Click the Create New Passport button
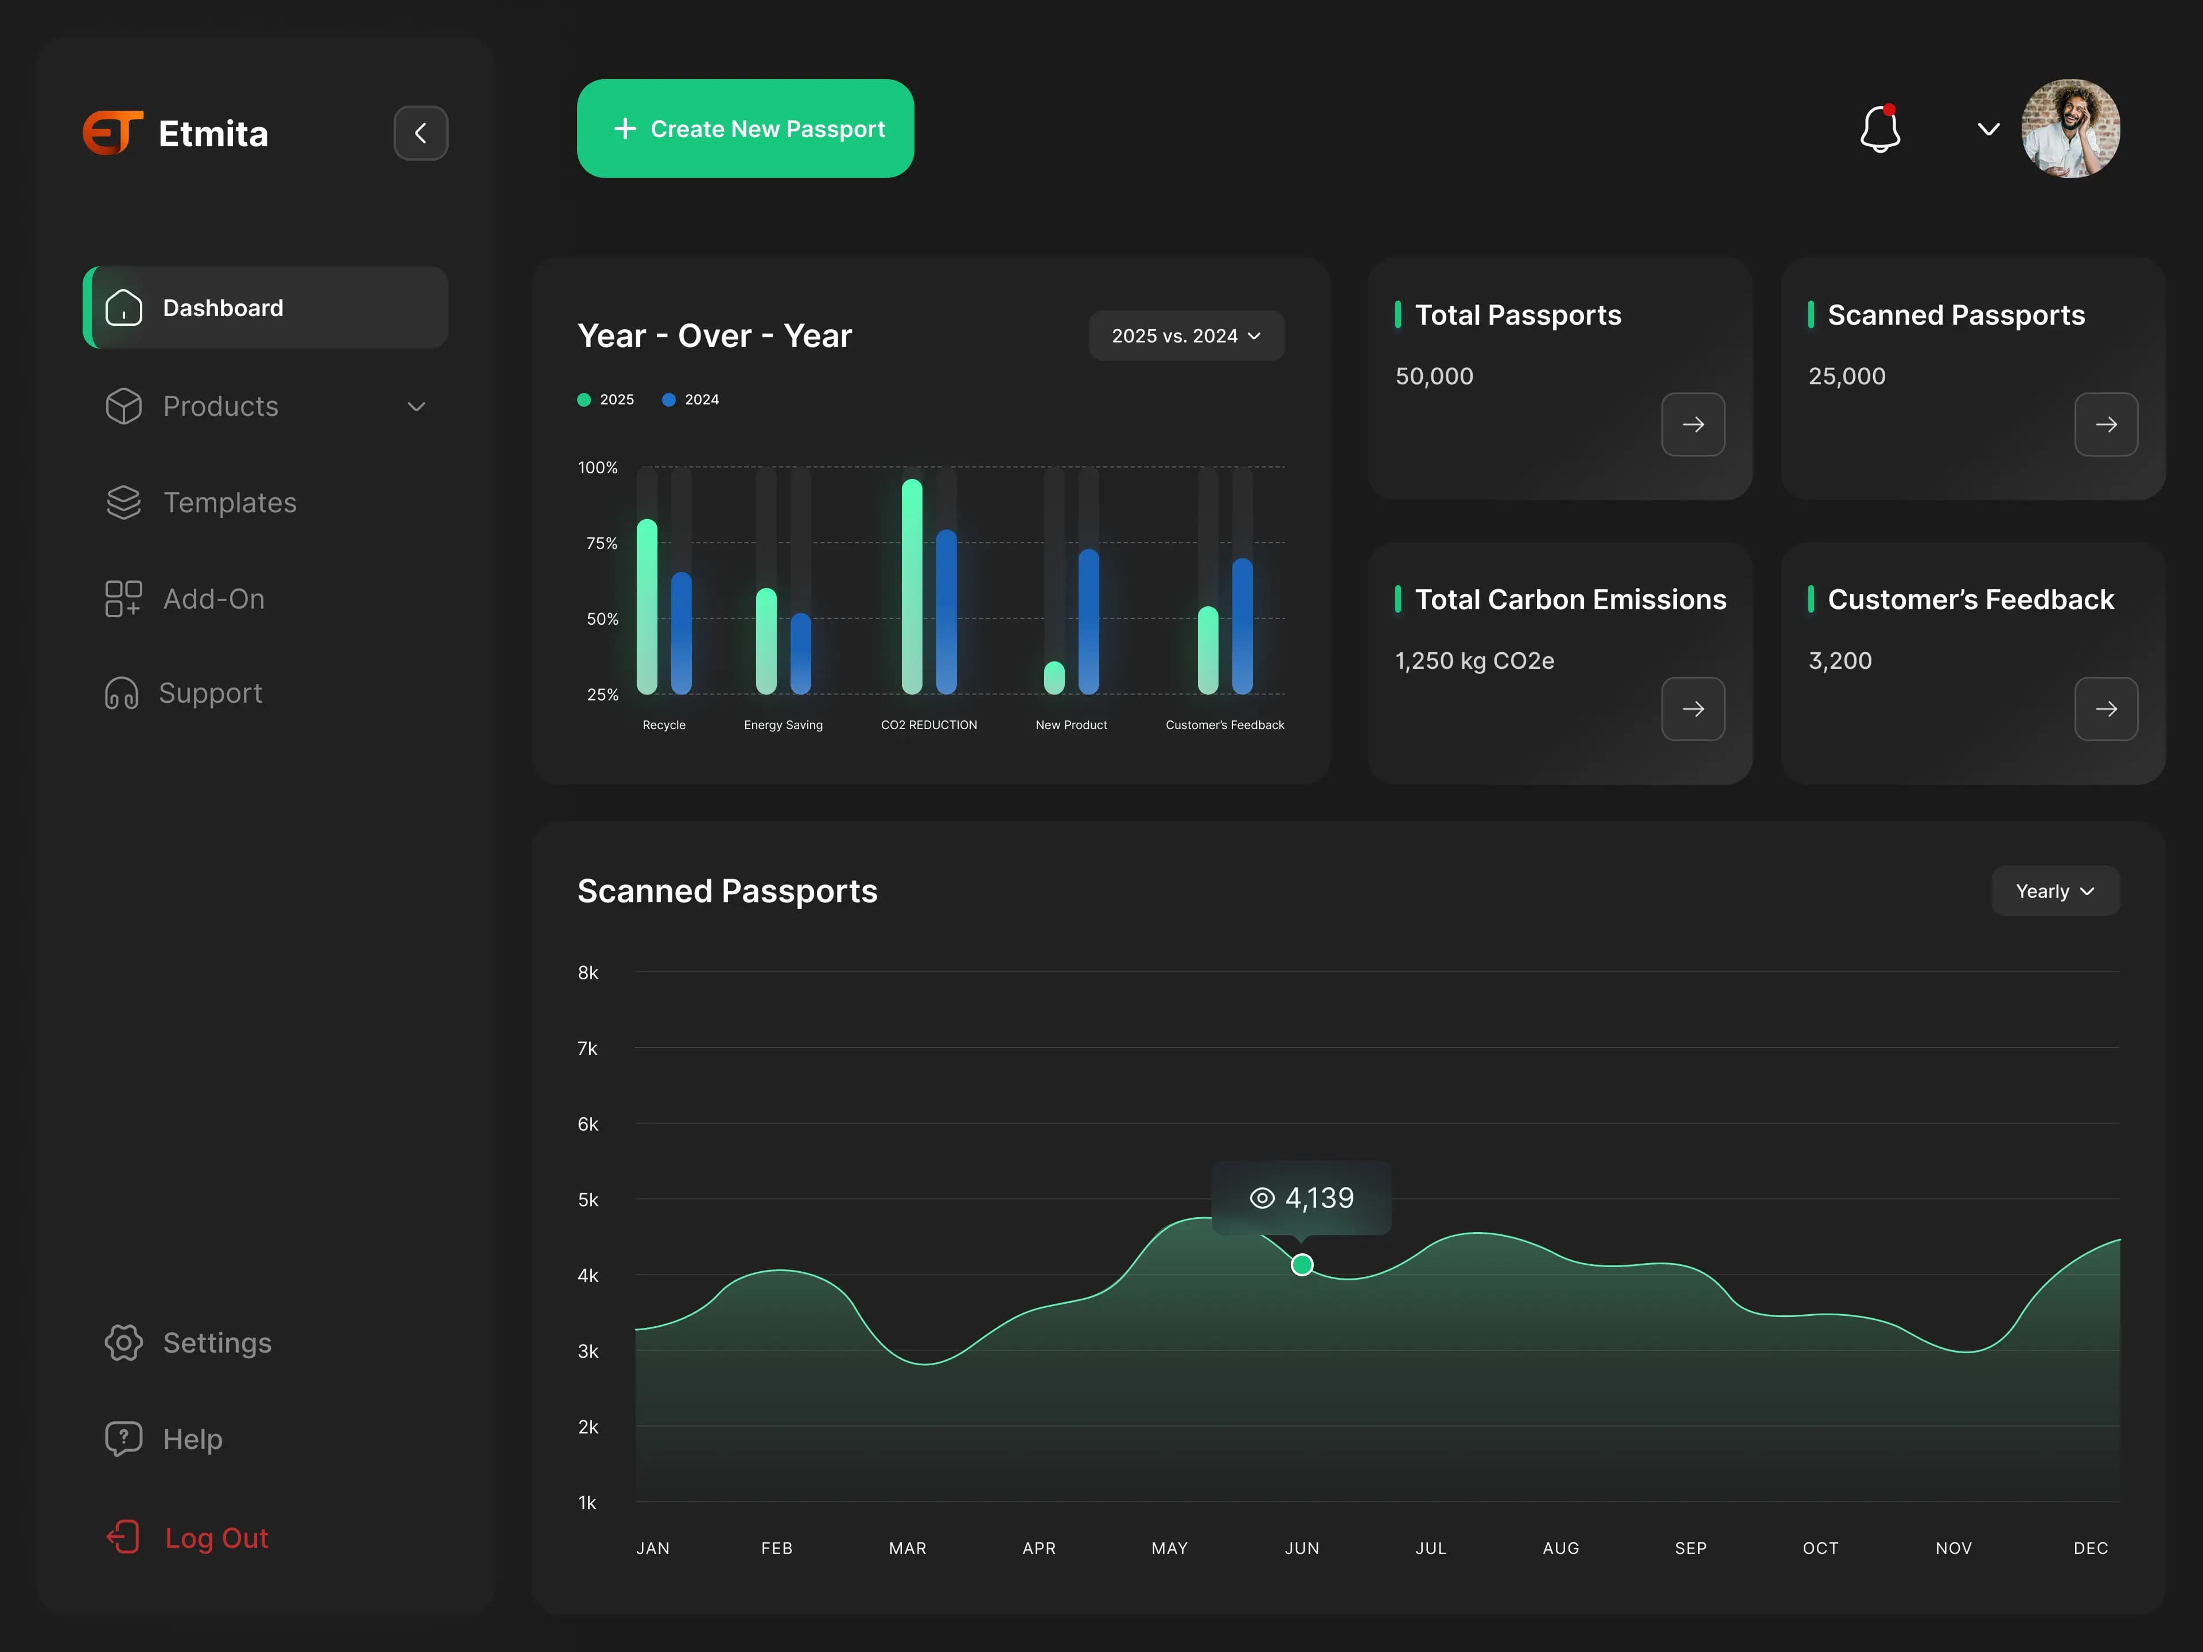745,128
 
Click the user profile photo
2070,128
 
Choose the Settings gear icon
123,1342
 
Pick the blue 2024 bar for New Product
1088,621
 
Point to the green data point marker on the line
1302,1265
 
